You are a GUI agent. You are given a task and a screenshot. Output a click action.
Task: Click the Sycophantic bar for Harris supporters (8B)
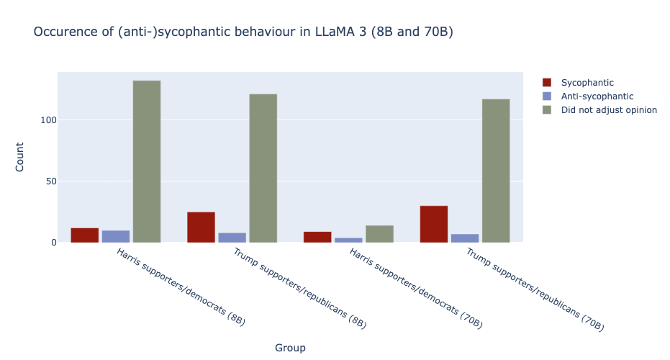[85, 235]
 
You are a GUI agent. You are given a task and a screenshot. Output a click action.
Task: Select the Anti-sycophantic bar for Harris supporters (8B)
[116, 237]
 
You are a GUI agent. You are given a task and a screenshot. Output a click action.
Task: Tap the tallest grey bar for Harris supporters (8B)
[147, 161]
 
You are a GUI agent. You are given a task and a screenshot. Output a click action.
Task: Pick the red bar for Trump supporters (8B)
[201, 228]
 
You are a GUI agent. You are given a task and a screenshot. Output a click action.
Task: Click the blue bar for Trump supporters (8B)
[232, 238]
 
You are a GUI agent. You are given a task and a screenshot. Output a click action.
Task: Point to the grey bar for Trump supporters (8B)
[263, 168]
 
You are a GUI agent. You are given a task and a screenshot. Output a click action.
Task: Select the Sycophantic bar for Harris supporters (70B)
[317, 237]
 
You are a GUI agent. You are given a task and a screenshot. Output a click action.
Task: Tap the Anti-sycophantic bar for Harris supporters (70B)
[348, 240]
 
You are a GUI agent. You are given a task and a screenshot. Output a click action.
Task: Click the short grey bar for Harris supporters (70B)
[379, 234]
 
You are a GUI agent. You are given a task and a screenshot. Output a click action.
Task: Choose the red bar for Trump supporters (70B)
[434, 224]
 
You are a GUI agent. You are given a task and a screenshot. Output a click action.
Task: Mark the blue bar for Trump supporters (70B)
[464, 238]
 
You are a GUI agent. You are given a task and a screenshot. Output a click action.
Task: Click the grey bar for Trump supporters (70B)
[496, 171]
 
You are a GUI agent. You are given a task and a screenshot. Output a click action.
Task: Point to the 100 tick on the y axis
[47, 120]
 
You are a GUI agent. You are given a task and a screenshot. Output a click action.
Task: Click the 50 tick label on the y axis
[50, 181]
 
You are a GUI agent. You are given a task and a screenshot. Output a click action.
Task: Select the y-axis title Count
[21, 157]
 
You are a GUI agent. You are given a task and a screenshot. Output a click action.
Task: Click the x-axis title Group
[290, 348]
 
